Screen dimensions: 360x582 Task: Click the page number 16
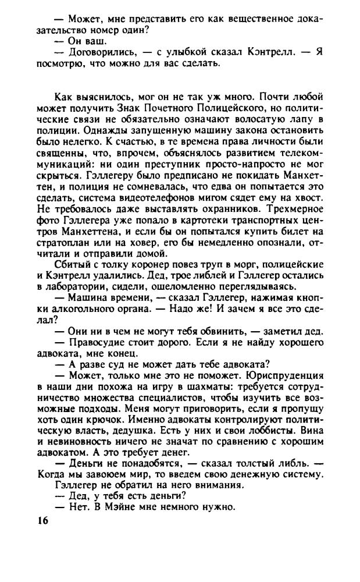40,521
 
